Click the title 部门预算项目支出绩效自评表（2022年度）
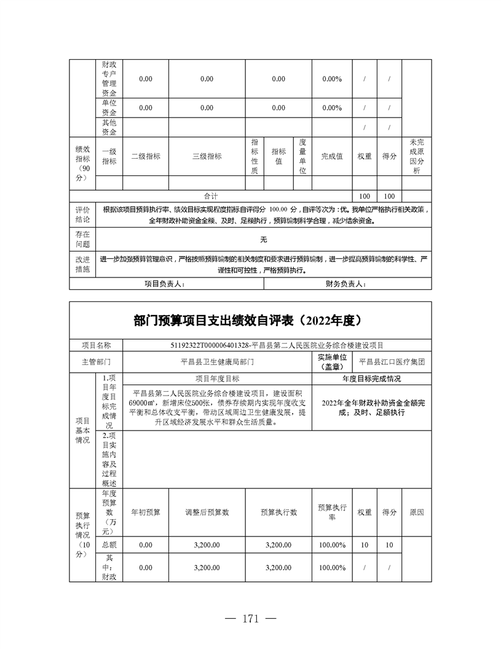click(250, 321)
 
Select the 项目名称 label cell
click(96, 346)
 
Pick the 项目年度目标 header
click(218, 379)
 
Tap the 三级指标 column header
click(207, 156)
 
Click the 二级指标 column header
click(146, 156)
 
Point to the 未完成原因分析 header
click(417, 156)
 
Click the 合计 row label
click(211, 196)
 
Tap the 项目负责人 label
click(164, 284)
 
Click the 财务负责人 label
click(346, 284)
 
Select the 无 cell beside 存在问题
click(263, 239)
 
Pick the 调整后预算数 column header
click(207, 512)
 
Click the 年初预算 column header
click(146, 512)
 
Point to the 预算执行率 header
click(332, 512)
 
